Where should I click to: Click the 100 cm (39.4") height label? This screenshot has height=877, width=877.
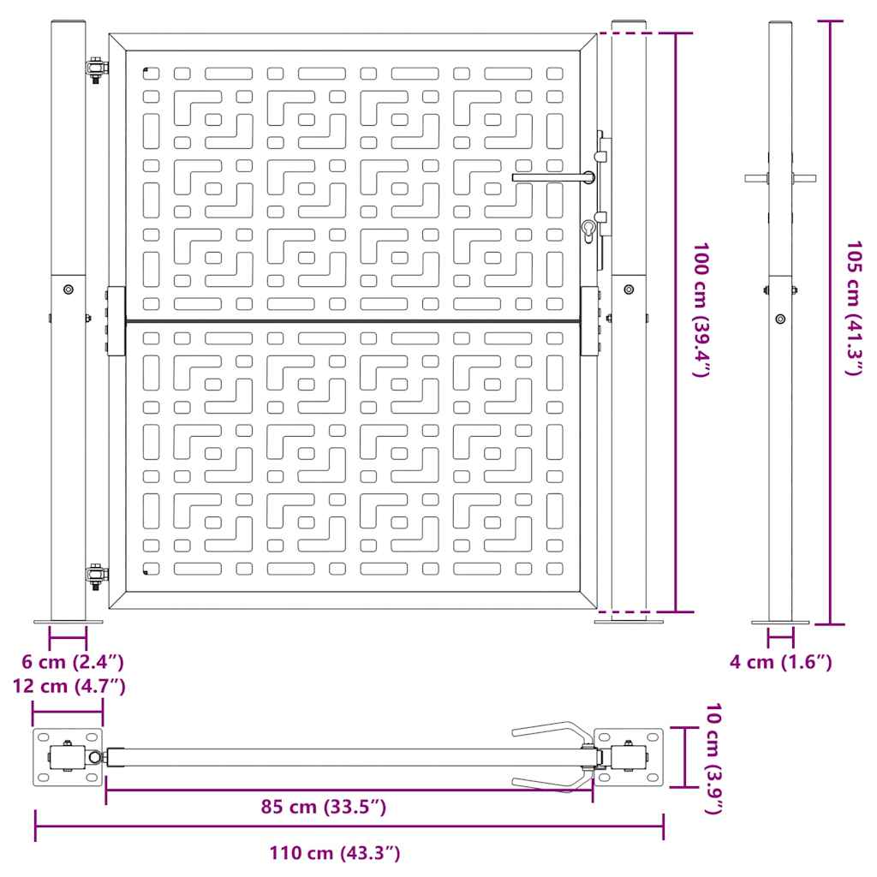click(x=701, y=310)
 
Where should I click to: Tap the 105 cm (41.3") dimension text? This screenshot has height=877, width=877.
click(x=854, y=308)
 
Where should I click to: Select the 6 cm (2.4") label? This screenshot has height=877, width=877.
click(x=73, y=662)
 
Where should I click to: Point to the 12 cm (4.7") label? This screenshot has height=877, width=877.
click(x=69, y=686)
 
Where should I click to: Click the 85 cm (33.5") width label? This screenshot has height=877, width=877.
click(x=323, y=807)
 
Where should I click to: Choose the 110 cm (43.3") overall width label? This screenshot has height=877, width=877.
click(x=335, y=853)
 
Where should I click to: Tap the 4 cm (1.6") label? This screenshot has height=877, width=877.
click(x=781, y=662)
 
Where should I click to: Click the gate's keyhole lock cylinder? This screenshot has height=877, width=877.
click(x=589, y=231)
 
